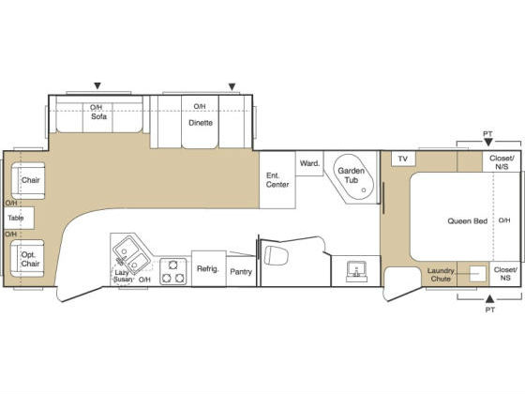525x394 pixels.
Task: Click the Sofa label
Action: point(99,116)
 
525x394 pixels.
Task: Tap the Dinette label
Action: point(201,123)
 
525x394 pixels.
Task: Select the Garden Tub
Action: point(353,177)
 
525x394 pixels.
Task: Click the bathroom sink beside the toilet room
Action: point(356,271)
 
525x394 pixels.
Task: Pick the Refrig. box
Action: point(208,268)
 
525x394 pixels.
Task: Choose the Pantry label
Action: point(241,272)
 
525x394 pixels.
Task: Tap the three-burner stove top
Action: point(173,271)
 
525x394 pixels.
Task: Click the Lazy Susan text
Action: point(122,276)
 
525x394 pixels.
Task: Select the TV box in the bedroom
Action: point(403,159)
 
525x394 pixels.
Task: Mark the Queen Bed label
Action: point(468,221)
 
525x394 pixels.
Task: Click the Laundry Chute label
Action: point(441,275)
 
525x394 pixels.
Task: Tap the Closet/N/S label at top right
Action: point(502,162)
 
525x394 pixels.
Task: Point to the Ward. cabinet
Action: point(309,163)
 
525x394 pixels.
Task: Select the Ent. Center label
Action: point(277,180)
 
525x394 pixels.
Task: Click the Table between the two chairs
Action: point(19,218)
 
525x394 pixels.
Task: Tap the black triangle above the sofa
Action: point(97,86)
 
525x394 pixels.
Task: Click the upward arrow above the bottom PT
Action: point(490,298)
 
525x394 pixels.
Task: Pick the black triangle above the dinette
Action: point(232,87)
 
